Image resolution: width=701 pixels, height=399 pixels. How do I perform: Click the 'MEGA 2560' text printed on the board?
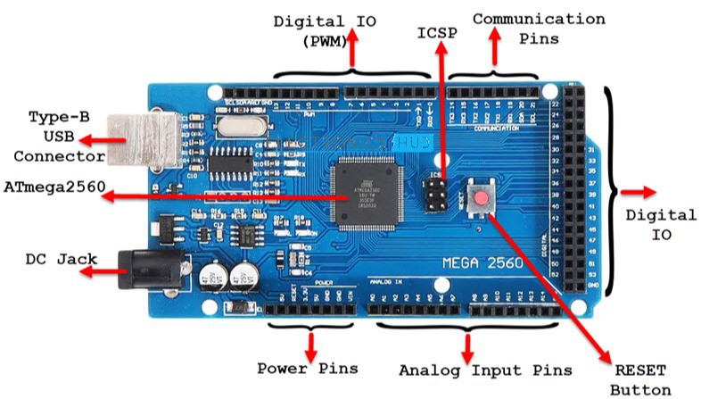pos(483,263)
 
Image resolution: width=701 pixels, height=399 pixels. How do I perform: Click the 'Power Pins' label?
pos(308,368)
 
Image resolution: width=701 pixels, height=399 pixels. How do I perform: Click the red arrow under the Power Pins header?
pos(311,344)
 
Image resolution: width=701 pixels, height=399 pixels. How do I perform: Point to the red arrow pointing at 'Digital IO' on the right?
pos(639,192)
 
